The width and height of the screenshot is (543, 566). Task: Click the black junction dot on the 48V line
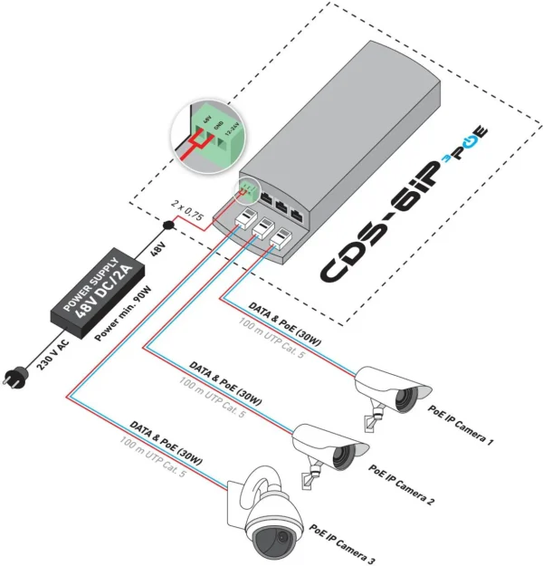coord(168,225)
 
